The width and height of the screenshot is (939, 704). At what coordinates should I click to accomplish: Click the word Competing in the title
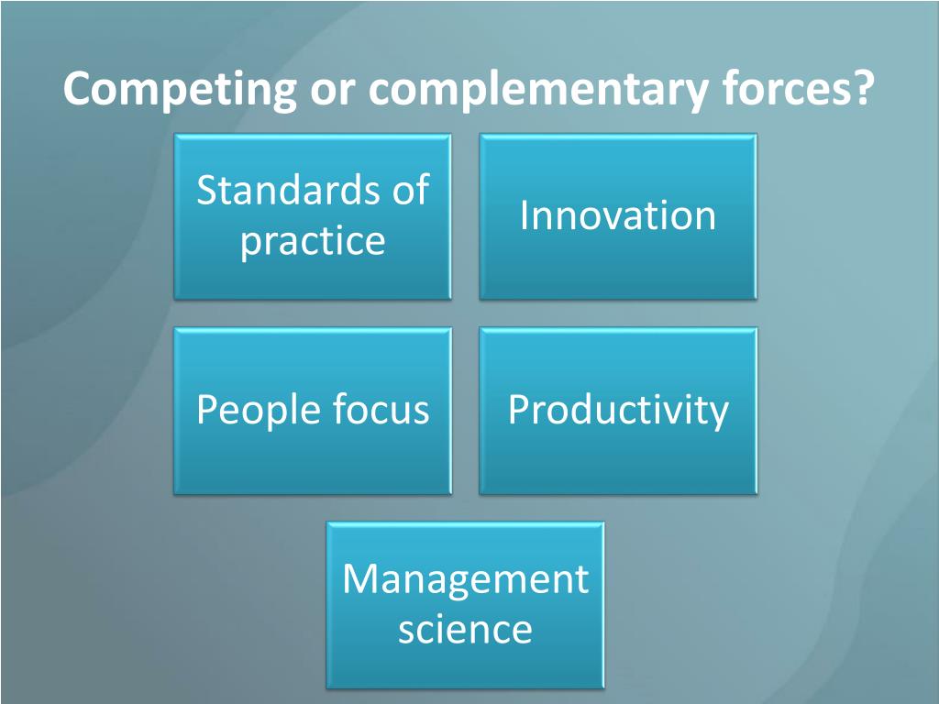[x=180, y=91]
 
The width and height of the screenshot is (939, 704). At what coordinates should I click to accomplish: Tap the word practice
[x=313, y=241]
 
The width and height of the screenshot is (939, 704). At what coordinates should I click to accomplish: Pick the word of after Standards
[x=410, y=190]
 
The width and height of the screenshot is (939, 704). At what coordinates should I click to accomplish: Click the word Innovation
[x=618, y=215]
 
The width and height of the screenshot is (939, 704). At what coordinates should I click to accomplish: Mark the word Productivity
[x=618, y=411]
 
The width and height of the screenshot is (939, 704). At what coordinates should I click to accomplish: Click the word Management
[x=465, y=579]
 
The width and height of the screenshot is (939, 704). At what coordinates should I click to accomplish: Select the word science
[x=465, y=630]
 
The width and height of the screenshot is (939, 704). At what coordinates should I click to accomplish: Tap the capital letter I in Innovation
[x=525, y=215]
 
